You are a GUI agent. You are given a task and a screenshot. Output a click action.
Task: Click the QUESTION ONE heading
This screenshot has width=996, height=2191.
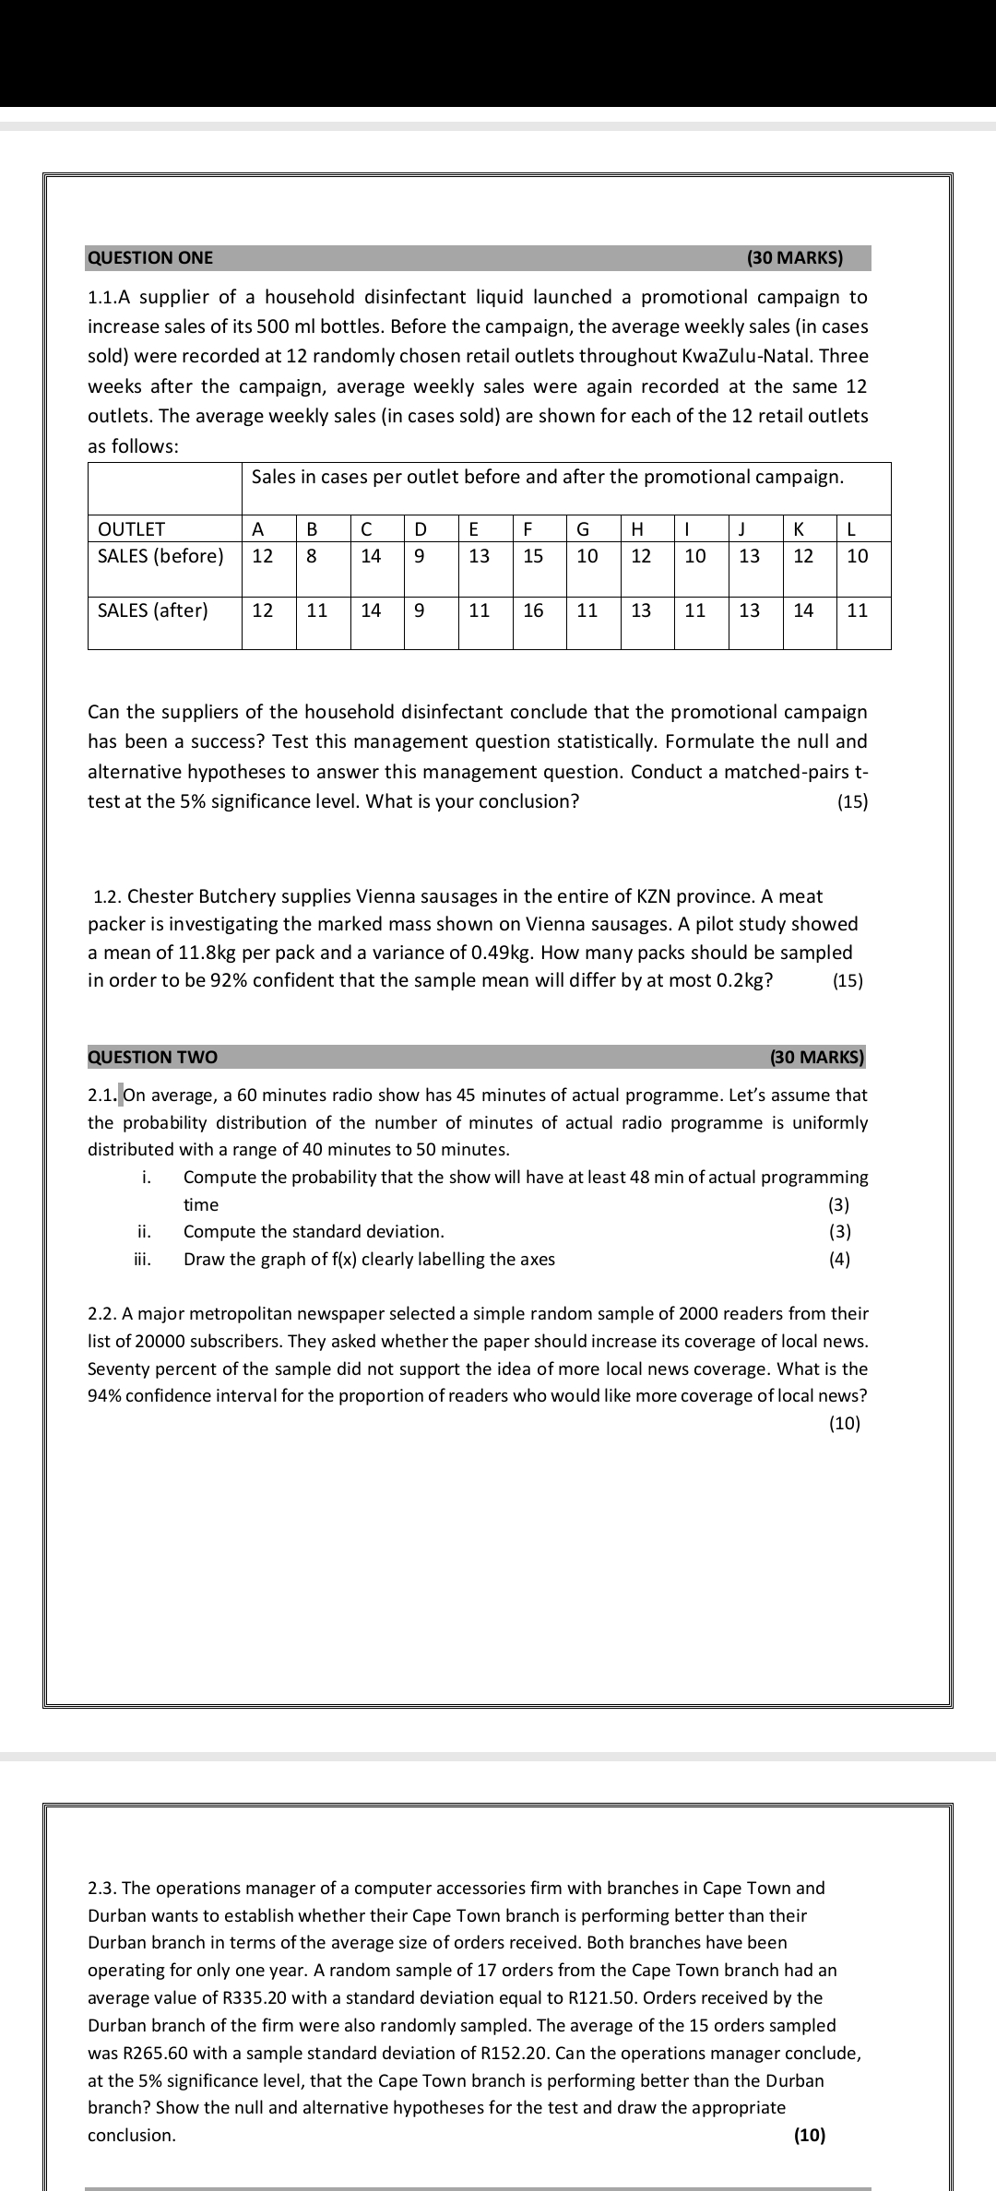click(150, 258)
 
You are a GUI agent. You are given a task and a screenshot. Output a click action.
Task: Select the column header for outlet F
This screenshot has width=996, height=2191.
click(528, 529)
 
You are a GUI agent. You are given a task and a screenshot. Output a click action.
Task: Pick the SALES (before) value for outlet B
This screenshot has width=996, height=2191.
click(312, 556)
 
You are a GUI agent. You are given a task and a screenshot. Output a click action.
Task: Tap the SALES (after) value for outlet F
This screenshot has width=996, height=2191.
click(533, 610)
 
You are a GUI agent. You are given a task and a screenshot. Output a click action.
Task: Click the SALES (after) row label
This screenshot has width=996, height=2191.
click(153, 610)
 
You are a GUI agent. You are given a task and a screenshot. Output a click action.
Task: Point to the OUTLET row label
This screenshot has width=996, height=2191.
click(131, 529)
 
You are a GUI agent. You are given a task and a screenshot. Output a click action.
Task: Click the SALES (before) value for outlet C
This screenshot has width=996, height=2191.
click(371, 556)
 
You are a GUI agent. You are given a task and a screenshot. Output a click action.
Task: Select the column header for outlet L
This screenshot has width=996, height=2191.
click(852, 529)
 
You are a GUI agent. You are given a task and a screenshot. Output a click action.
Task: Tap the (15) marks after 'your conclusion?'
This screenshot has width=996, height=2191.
click(852, 802)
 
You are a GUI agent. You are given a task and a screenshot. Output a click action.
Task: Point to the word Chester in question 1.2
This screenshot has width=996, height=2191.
click(158, 896)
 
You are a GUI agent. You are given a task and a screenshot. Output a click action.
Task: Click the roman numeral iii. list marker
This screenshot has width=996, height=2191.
click(143, 1260)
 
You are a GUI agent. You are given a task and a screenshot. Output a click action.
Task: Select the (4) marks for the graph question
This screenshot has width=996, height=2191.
click(839, 1260)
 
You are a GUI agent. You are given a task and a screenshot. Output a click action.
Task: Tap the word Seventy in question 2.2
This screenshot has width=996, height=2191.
click(117, 1369)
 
